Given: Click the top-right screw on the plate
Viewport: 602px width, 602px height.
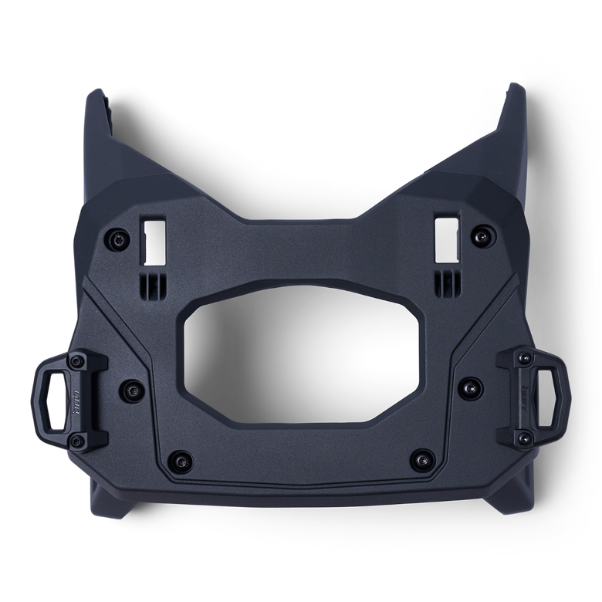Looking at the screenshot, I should point(484,233).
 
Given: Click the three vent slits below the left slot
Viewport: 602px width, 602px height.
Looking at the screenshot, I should point(153,278).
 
